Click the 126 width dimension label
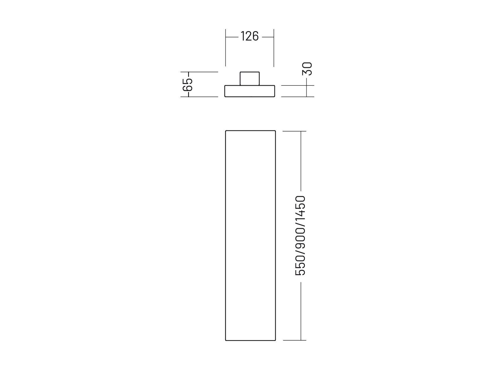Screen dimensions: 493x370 coord(249,36)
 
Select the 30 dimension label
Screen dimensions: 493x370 coord(307,69)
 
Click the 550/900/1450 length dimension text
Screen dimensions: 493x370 coord(300,236)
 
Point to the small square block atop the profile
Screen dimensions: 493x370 coord(249,79)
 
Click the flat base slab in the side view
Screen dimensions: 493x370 coord(249,91)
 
